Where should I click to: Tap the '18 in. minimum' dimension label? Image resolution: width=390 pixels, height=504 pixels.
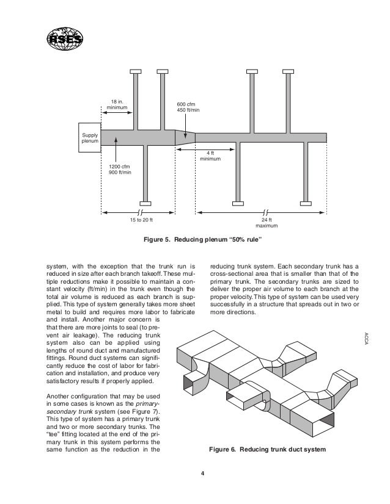pos(116,104)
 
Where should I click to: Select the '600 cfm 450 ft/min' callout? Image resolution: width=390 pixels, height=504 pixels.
pos(188,106)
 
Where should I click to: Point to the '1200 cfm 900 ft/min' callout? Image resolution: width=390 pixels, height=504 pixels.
pos(119,168)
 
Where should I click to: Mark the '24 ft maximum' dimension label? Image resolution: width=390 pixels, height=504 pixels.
pos(266,223)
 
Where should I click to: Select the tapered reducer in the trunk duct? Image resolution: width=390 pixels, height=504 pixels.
pos(185,137)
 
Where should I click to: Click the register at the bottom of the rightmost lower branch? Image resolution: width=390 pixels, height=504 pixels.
pos(307,203)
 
